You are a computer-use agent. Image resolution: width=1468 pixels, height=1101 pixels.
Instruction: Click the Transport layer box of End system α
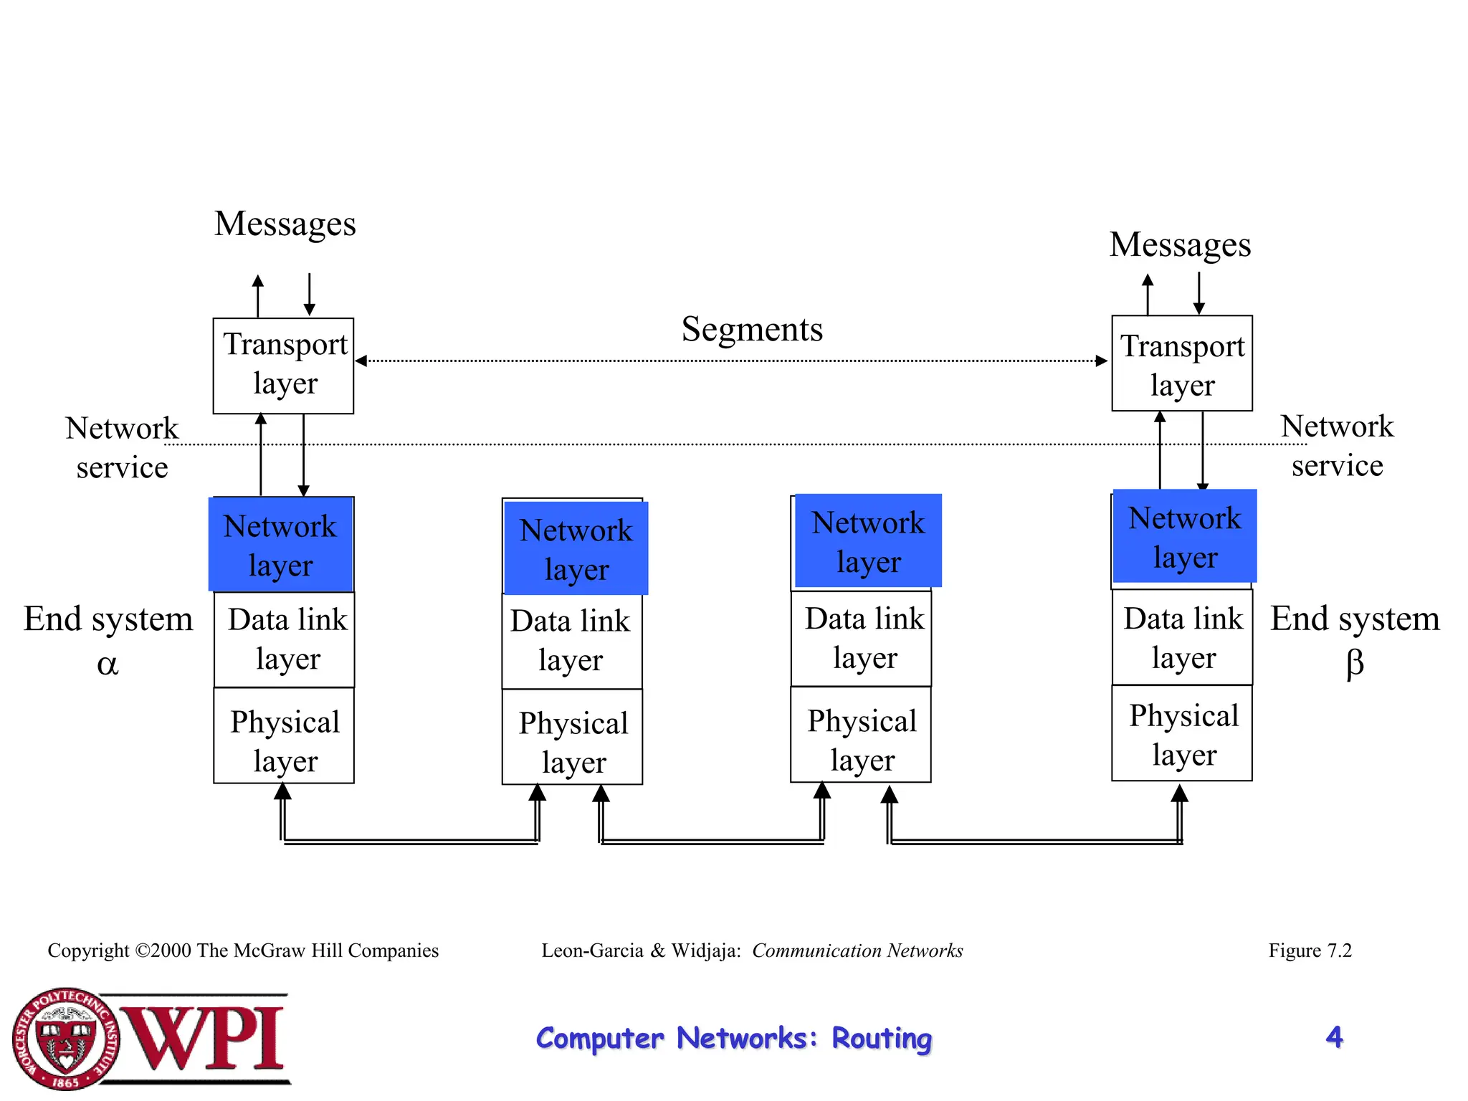click(x=283, y=366)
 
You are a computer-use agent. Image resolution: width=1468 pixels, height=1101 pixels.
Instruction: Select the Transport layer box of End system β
click(x=1182, y=363)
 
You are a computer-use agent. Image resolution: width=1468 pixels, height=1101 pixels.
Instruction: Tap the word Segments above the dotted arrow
click(x=752, y=330)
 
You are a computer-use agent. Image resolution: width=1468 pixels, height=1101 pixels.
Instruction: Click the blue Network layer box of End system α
click(x=281, y=545)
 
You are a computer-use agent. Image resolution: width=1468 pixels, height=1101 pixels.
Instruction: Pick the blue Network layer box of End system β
click(x=1184, y=536)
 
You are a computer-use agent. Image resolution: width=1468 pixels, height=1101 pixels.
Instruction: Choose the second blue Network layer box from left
click(x=576, y=548)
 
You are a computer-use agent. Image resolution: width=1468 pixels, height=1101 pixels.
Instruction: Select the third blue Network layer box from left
click(x=868, y=540)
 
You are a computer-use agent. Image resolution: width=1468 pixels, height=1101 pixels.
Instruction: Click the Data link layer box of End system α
click(x=285, y=639)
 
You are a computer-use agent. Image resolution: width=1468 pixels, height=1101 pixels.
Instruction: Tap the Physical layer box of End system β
click(x=1182, y=733)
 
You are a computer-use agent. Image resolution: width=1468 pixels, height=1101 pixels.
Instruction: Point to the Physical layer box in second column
click(x=572, y=738)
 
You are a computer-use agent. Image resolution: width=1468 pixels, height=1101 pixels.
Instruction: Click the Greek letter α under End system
click(x=108, y=665)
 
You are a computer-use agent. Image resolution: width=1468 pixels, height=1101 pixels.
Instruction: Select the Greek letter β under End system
click(x=1354, y=664)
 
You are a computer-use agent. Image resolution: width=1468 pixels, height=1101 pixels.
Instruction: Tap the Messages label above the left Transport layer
click(x=285, y=224)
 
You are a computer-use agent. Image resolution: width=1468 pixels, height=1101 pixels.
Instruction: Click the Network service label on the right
click(x=1337, y=446)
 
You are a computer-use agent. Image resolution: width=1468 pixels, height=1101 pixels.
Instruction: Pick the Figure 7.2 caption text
click(x=1310, y=950)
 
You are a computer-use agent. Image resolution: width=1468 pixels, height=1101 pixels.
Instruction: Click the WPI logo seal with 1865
click(x=66, y=1038)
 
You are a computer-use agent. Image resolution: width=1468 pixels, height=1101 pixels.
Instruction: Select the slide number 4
click(x=1334, y=1036)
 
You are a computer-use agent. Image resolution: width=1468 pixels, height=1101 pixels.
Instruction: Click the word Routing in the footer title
click(x=881, y=1039)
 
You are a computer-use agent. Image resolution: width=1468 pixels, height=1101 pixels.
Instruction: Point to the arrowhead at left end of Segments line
click(x=361, y=361)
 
